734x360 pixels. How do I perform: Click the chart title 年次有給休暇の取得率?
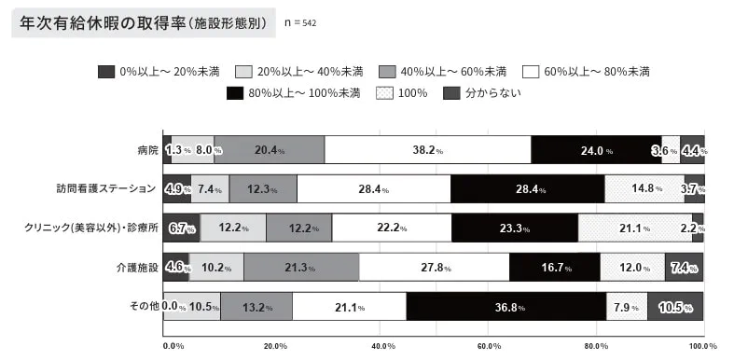[97, 23]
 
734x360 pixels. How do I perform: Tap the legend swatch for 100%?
[382, 92]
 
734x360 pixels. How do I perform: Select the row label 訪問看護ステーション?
[105, 189]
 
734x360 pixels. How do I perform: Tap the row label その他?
[142, 306]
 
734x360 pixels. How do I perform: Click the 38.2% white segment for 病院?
[428, 149]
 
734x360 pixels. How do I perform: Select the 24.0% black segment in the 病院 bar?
[595, 149]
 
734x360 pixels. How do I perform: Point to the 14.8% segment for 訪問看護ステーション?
[644, 189]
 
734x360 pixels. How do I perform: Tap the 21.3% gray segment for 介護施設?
[301, 267]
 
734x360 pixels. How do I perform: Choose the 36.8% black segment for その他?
[505, 306]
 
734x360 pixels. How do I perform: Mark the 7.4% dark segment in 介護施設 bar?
[684, 267]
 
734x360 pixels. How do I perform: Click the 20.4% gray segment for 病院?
[269, 149]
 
